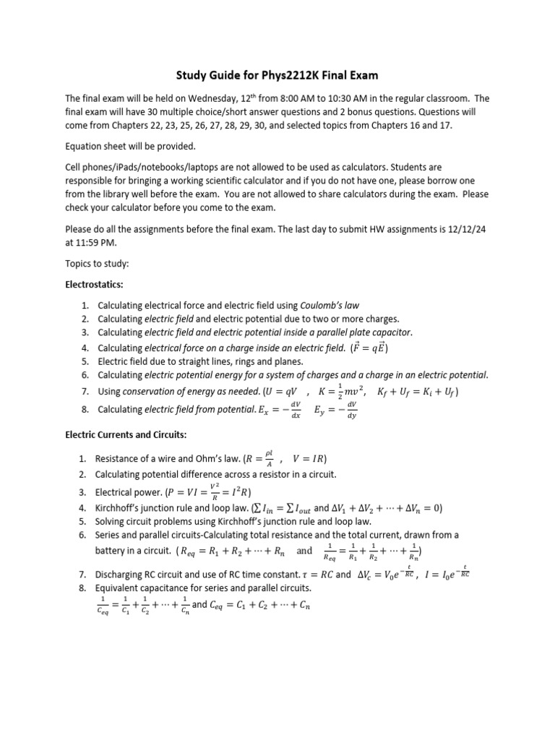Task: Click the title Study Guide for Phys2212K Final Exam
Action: [277, 74]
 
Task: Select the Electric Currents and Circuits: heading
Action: [126, 435]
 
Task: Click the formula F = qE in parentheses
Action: [369, 348]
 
